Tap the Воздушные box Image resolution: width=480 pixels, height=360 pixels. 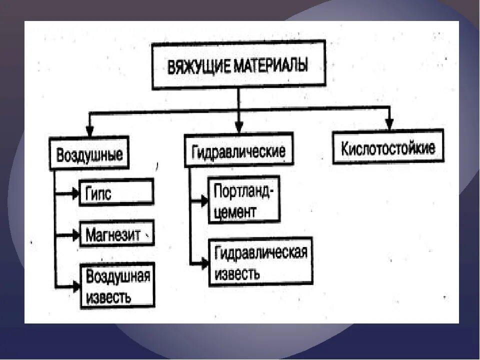click(89, 154)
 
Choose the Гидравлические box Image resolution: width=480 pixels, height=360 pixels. click(238, 150)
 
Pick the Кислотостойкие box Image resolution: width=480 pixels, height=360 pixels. click(388, 147)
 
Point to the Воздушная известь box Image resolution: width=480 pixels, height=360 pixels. click(118, 285)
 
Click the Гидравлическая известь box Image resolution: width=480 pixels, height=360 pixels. click(260, 261)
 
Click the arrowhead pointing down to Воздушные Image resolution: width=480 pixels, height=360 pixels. click(89, 131)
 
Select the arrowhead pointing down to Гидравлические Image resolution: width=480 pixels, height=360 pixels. click(239, 128)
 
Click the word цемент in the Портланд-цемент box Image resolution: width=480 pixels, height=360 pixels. click(235, 211)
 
